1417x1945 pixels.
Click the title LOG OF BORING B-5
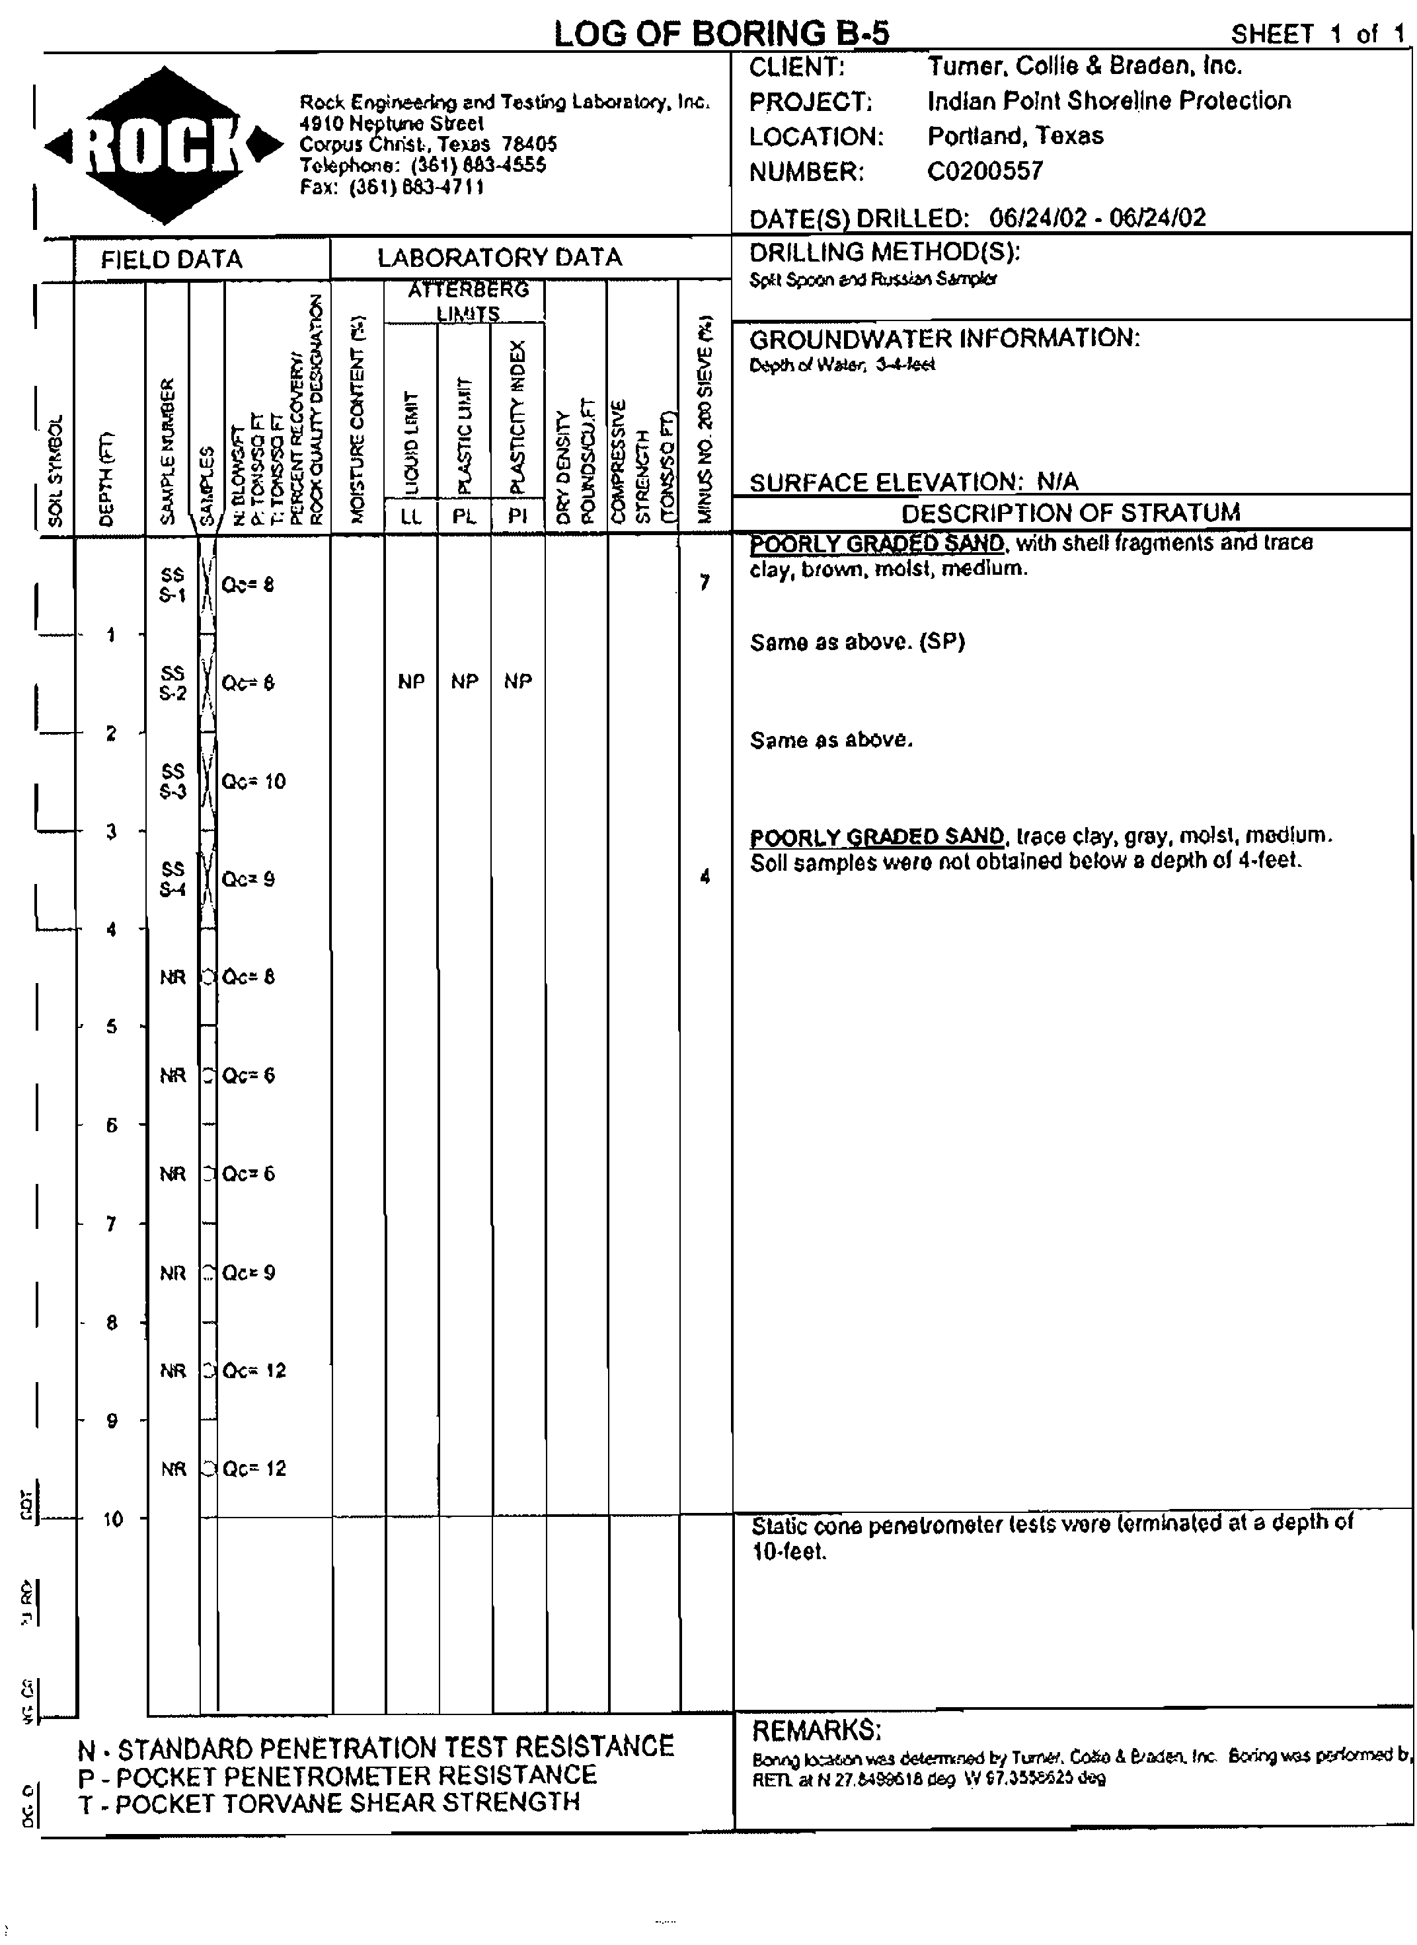721,34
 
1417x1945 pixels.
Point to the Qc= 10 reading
253,782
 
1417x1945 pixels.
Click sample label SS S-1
172,585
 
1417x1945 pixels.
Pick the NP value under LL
412,682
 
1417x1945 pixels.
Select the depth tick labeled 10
112,1520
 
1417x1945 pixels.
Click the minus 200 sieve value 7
705,583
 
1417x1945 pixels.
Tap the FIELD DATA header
172,260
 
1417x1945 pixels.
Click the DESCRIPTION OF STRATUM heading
1071,513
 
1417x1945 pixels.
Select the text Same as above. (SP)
857,642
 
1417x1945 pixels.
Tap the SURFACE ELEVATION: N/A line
913,482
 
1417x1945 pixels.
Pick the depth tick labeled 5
112,1027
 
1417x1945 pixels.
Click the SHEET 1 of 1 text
1317,34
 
